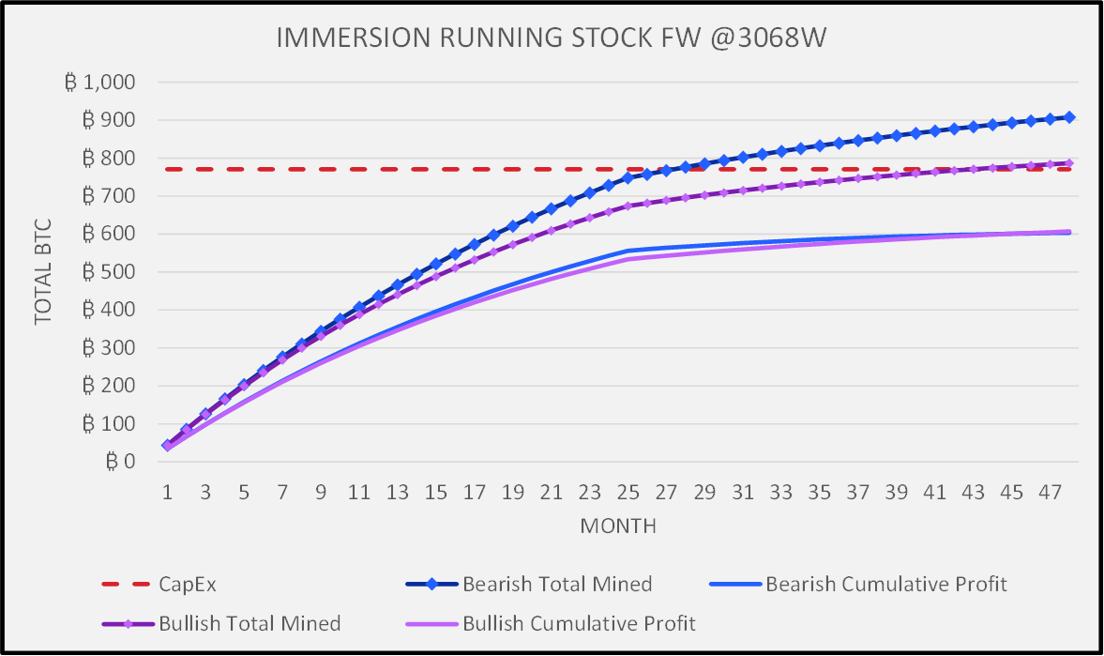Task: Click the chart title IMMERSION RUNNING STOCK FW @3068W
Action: coord(552,38)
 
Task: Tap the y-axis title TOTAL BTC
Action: coord(43,272)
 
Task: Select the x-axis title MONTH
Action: coord(617,526)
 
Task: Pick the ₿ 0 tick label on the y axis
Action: coord(123,462)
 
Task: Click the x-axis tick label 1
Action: coord(167,493)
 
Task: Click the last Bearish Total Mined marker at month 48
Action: coord(1069,117)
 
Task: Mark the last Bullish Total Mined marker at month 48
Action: coord(1069,163)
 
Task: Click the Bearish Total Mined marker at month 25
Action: coord(628,177)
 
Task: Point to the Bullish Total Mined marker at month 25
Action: coord(628,206)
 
